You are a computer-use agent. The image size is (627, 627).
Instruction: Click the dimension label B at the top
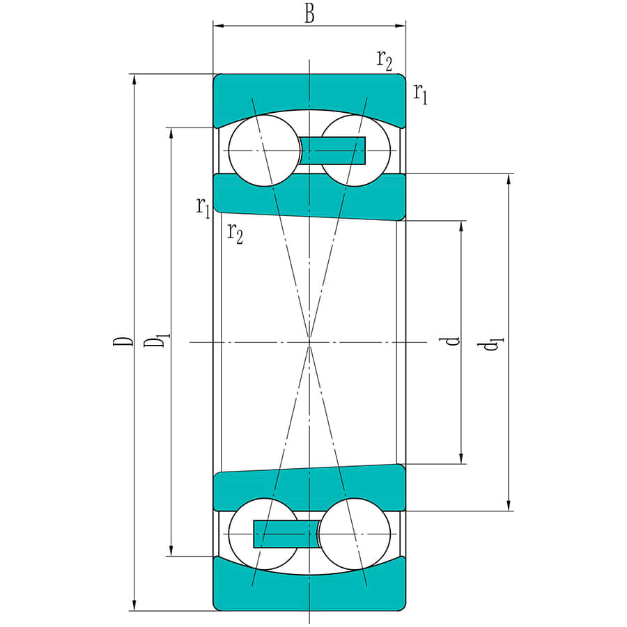[309, 13]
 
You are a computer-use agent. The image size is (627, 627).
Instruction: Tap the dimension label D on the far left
[123, 341]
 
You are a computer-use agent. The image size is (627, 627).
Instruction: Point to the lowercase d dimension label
[452, 341]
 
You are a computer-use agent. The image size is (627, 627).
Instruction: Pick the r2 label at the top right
[385, 60]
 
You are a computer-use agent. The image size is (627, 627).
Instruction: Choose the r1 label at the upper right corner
[419, 92]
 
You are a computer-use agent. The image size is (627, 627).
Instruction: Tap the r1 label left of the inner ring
[203, 207]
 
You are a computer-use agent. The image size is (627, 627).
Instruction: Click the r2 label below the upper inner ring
[235, 233]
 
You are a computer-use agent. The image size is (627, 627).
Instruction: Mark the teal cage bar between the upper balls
[333, 150]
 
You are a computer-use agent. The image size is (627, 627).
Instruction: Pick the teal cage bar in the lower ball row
[286, 534]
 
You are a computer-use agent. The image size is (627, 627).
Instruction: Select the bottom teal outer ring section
[309, 592]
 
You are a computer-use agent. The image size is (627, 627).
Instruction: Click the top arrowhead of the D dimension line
[134, 79]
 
